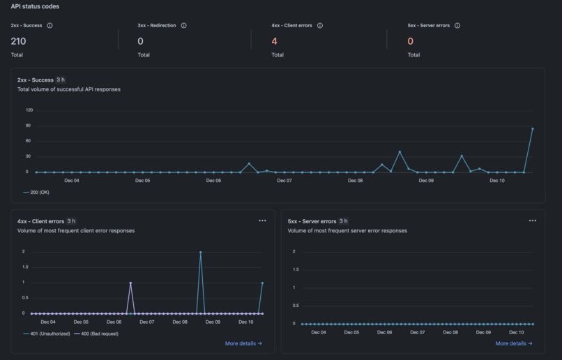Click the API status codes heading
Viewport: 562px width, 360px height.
[35, 6]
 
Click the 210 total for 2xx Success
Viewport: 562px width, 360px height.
[18, 41]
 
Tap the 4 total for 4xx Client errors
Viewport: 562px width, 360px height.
[274, 41]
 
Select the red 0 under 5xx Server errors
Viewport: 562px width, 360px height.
[410, 41]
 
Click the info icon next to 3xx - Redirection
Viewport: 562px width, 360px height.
[184, 26]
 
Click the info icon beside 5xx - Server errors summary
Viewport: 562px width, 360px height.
[457, 26]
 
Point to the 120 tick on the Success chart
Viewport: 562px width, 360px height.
[29, 110]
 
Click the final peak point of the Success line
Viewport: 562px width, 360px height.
[533, 128]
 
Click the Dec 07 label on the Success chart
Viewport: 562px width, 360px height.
[284, 181]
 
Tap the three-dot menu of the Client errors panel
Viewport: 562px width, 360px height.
[262, 220]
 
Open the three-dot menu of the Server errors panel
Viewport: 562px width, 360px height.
[533, 220]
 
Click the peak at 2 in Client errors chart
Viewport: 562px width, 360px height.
[200, 252]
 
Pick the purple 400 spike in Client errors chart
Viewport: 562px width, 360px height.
[130, 283]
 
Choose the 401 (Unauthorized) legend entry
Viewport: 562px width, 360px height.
[45, 333]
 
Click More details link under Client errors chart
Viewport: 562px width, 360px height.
[243, 343]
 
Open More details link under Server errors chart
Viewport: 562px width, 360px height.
[514, 343]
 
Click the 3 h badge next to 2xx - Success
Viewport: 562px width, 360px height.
[61, 80]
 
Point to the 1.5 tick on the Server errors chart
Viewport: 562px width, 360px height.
[294, 269]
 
